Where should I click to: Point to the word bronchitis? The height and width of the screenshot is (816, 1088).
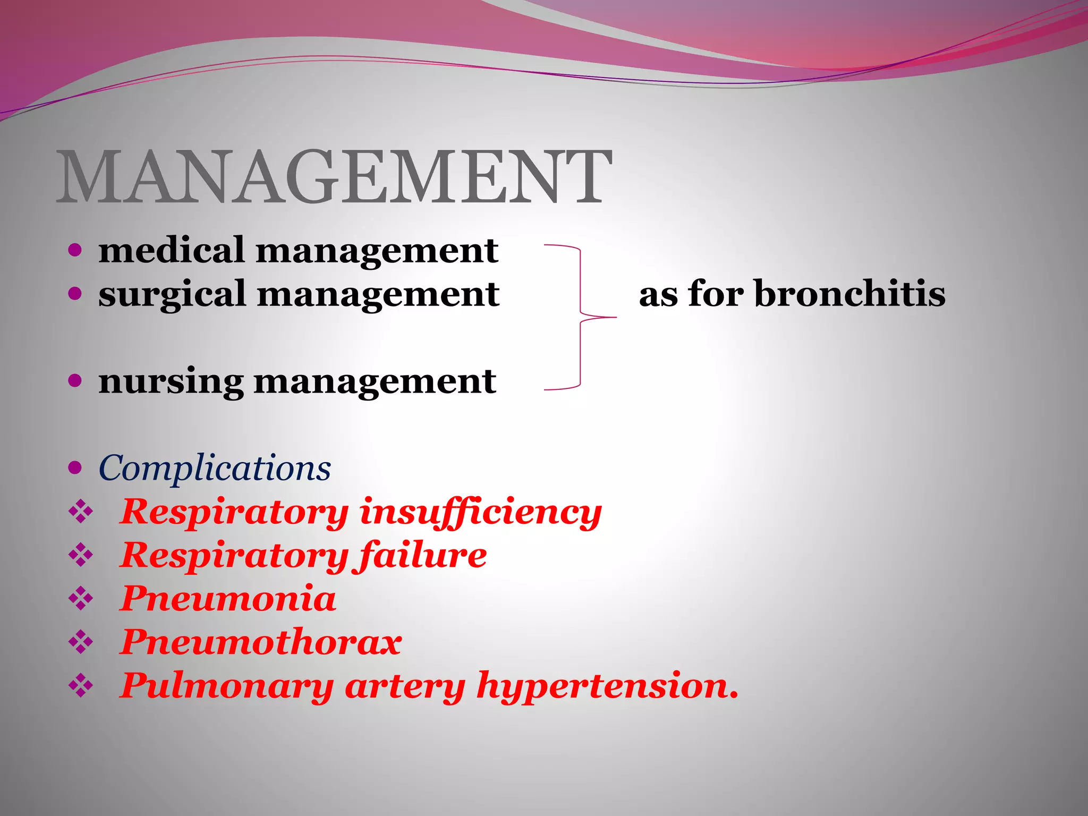point(850,293)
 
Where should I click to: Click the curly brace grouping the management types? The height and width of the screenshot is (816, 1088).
point(580,318)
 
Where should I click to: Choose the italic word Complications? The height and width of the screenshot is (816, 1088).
point(215,469)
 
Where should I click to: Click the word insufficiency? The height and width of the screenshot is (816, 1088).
point(480,513)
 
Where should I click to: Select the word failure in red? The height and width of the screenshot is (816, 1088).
point(422,556)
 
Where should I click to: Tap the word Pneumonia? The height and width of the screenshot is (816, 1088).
point(228,599)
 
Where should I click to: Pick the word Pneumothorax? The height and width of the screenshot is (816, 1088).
point(260,643)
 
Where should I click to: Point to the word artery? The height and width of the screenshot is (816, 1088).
point(405,686)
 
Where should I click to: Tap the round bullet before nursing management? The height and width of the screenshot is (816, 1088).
point(75,380)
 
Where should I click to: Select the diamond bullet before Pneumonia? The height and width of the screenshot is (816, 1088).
point(81,599)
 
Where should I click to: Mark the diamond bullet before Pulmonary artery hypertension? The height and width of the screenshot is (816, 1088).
point(81,686)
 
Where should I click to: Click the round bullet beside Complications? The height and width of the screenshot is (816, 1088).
point(75,467)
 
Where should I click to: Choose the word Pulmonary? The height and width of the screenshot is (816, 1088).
point(226,686)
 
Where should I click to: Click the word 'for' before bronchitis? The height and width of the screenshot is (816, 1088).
point(715,293)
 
